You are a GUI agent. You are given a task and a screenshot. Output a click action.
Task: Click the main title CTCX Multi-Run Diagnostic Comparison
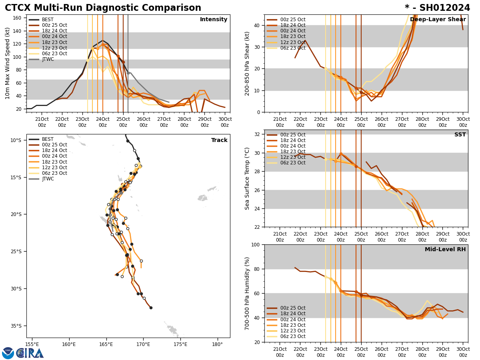pyautogui.click(x=103, y=8)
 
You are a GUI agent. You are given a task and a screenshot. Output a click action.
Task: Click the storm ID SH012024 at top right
pyautogui.click(x=437, y=8)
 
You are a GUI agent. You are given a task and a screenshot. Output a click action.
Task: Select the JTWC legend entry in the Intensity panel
pyautogui.click(x=48, y=60)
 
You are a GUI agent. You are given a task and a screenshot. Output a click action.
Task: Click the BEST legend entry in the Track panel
pyautogui.click(x=48, y=140)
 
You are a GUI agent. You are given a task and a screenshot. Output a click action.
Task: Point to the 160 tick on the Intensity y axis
pyautogui.click(x=18, y=18)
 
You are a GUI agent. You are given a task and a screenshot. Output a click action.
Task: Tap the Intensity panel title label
pyautogui.click(x=214, y=20)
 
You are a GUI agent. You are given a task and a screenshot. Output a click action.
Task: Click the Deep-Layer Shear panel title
pyautogui.click(x=438, y=20)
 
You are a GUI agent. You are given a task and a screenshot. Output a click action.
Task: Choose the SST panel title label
pyautogui.click(x=460, y=135)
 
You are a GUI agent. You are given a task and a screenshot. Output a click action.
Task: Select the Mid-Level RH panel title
pyautogui.click(x=445, y=250)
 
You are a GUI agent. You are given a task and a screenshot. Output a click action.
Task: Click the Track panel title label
pyautogui.click(x=219, y=140)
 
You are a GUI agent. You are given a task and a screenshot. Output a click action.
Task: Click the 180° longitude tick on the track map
pyautogui.click(x=217, y=344)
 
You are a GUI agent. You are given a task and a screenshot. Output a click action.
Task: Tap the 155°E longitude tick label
pyautogui.click(x=32, y=344)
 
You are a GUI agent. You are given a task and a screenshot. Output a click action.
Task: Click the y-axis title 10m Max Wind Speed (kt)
pyautogui.click(x=8, y=63)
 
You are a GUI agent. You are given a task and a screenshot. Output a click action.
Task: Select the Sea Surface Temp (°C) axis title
pyautogui.click(x=247, y=178)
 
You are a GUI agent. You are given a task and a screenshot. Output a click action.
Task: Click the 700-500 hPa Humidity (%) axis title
pyautogui.click(x=247, y=293)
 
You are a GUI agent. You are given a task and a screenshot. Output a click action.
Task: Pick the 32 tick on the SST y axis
pyautogui.click(x=257, y=134)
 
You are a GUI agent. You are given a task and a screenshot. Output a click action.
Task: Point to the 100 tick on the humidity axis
pyautogui.click(x=255, y=245)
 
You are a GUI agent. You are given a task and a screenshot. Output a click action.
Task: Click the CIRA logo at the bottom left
pyautogui.click(x=23, y=353)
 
